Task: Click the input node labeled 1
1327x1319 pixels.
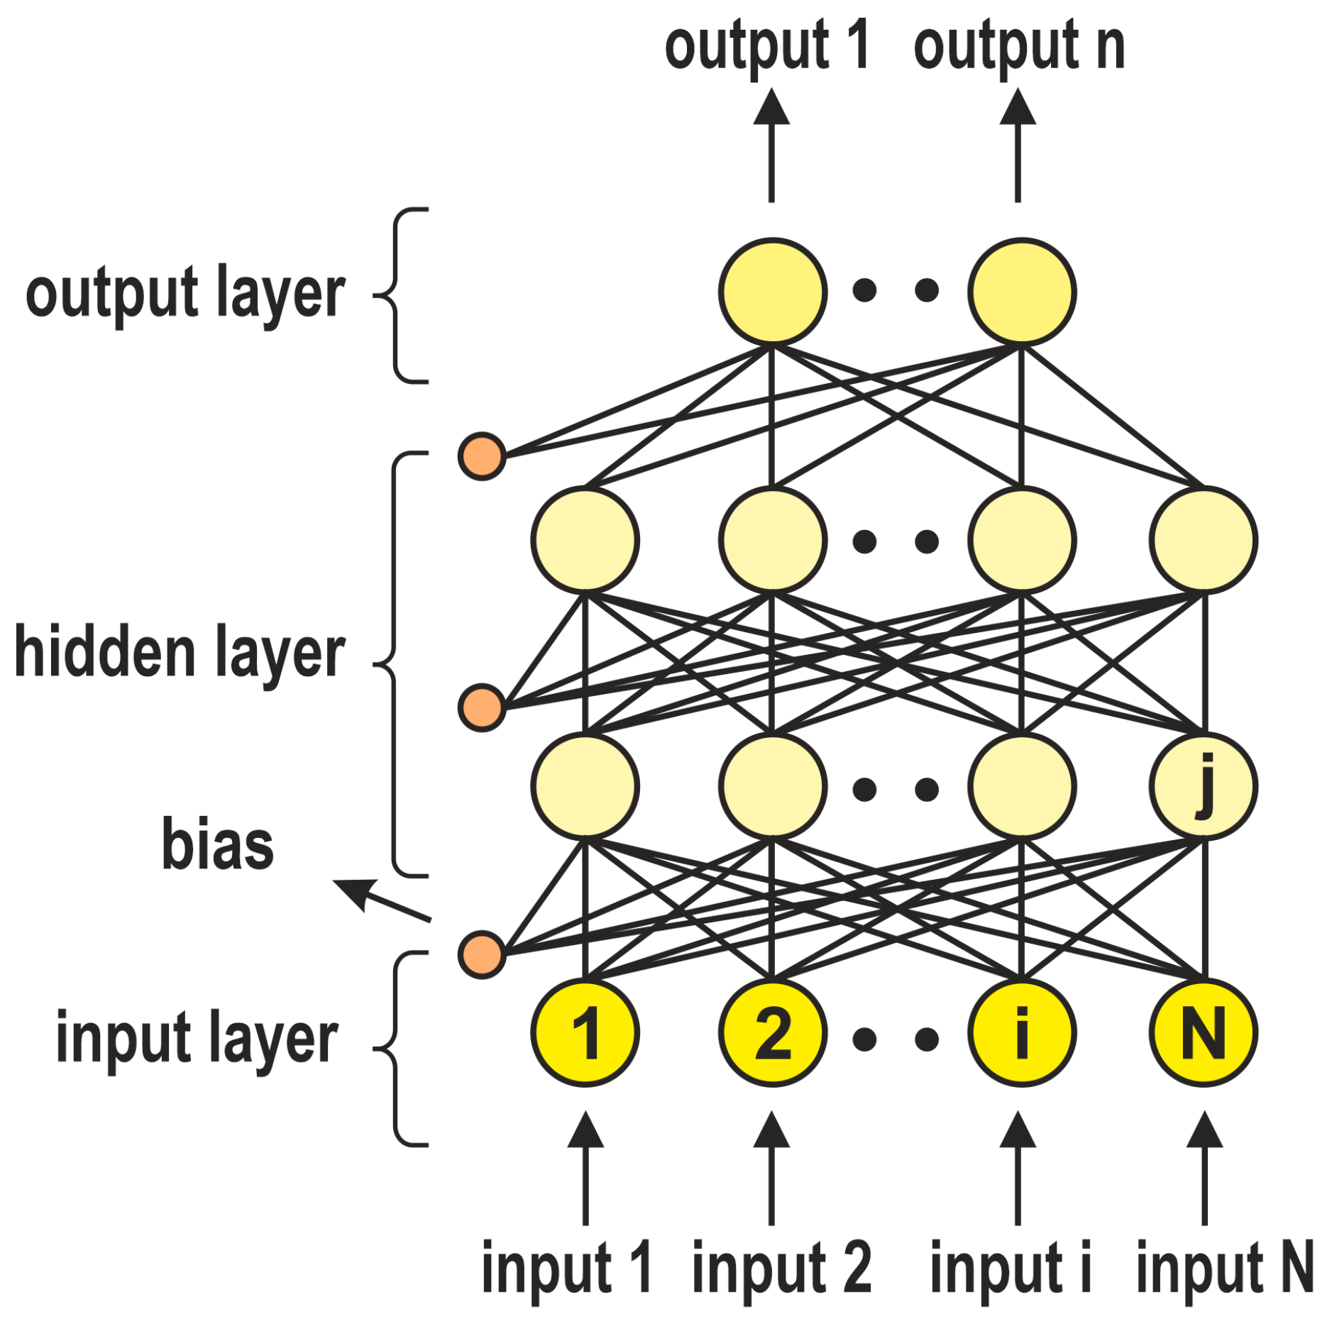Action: click(585, 1033)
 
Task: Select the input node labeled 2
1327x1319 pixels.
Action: click(772, 1033)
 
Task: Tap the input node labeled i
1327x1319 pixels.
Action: click(1021, 1033)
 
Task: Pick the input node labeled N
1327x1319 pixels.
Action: click(1204, 1033)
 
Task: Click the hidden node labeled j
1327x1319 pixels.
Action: click(1204, 786)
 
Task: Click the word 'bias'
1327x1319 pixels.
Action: click(217, 844)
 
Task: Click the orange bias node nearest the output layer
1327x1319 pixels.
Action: click(482, 456)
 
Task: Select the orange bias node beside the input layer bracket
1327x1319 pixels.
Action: click(482, 955)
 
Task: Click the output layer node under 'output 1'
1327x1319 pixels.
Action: click(772, 292)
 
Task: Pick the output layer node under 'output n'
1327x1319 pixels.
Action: click(1021, 292)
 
